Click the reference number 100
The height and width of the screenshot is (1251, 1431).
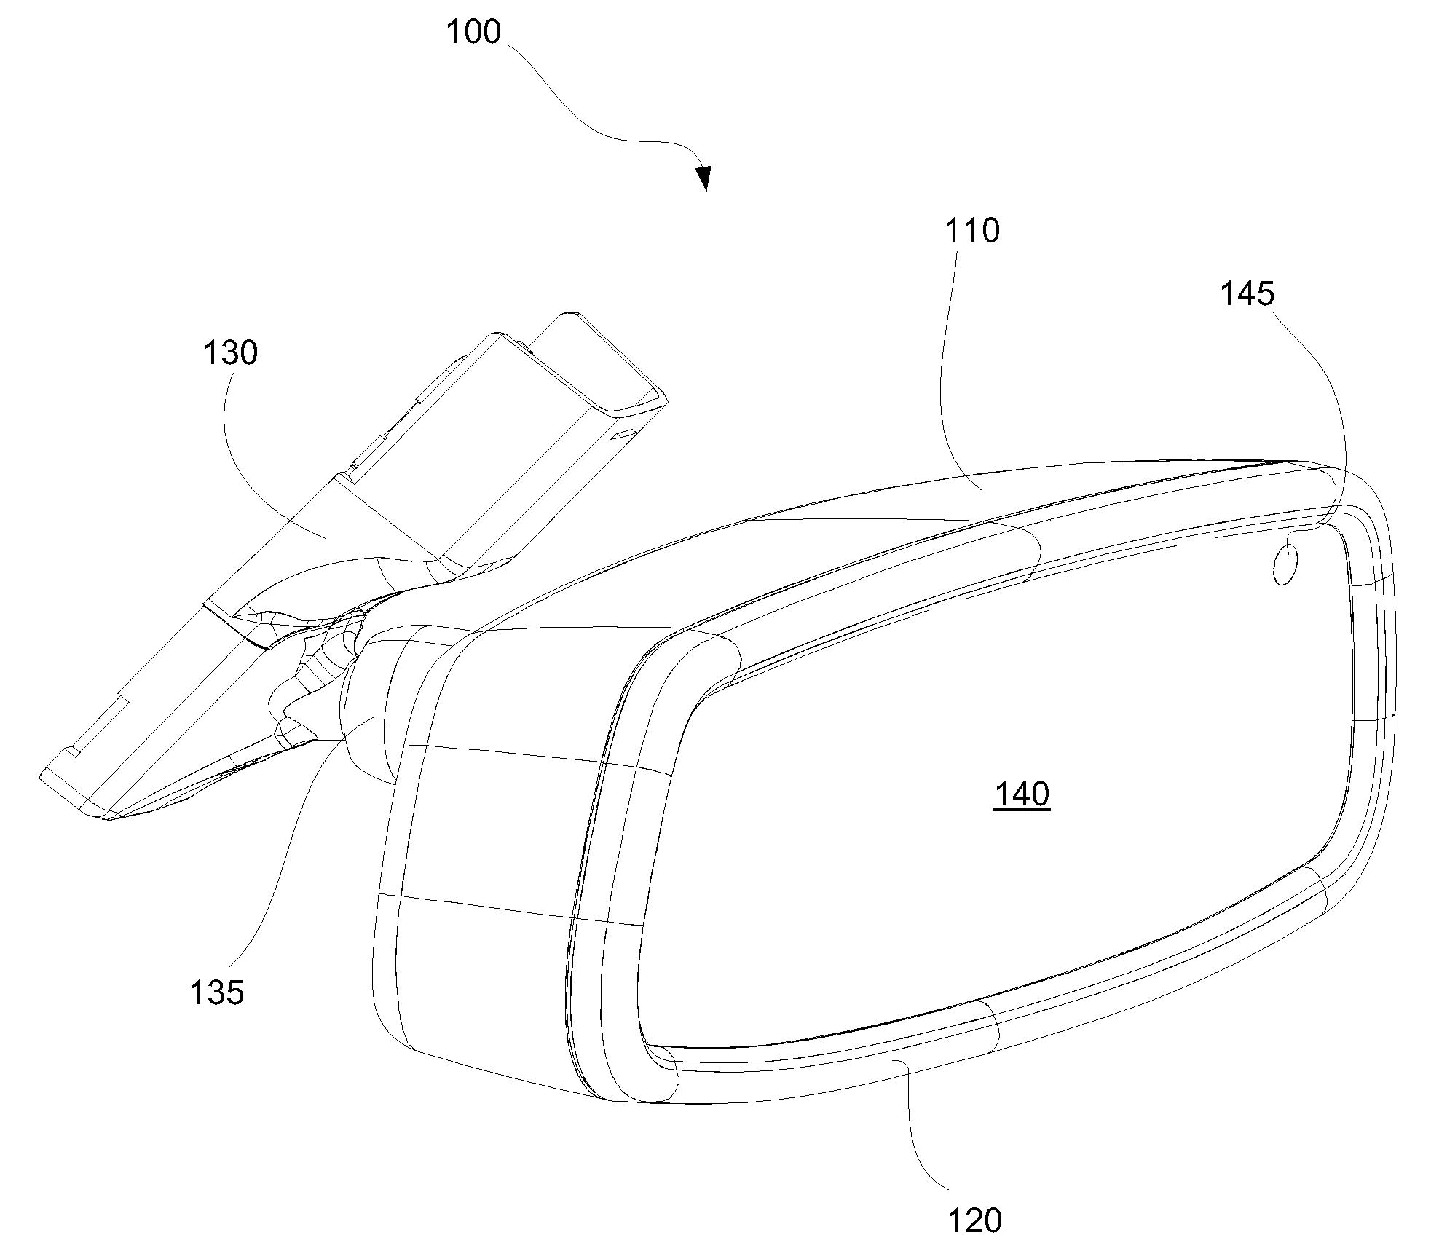(x=473, y=33)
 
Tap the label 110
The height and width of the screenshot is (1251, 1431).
(x=971, y=231)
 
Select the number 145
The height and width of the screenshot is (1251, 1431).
(x=1247, y=294)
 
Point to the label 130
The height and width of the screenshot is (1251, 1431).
(x=230, y=353)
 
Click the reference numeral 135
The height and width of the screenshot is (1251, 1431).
(x=216, y=992)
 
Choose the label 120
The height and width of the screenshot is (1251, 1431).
(x=974, y=1220)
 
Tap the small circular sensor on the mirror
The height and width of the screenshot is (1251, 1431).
(x=1285, y=566)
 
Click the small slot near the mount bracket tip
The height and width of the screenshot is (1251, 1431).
(x=623, y=435)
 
